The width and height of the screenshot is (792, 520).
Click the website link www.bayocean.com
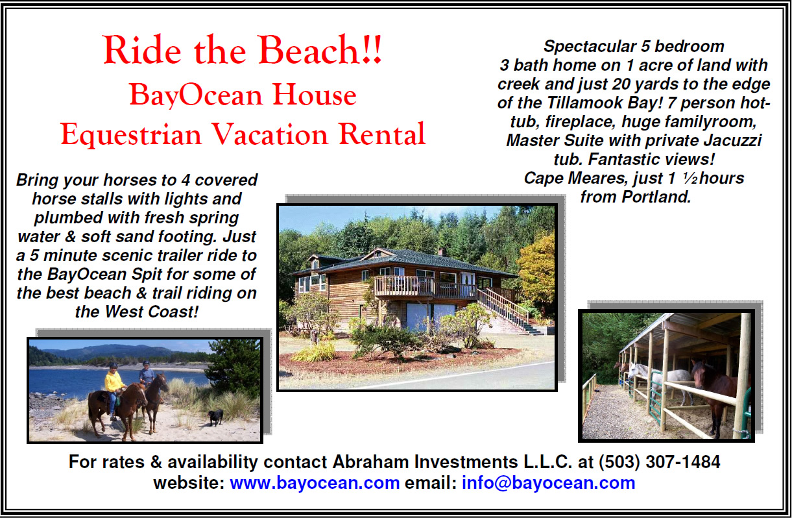click(x=315, y=483)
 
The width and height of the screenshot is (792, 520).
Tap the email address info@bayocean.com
click(x=548, y=483)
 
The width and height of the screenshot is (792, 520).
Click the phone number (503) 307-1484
click(x=660, y=462)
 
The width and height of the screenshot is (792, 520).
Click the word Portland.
click(x=656, y=197)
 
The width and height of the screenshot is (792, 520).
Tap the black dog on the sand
click(x=216, y=417)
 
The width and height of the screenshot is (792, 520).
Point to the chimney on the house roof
click(x=442, y=252)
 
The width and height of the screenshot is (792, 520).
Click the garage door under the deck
click(x=431, y=317)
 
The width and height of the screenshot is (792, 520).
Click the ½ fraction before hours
click(x=690, y=178)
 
